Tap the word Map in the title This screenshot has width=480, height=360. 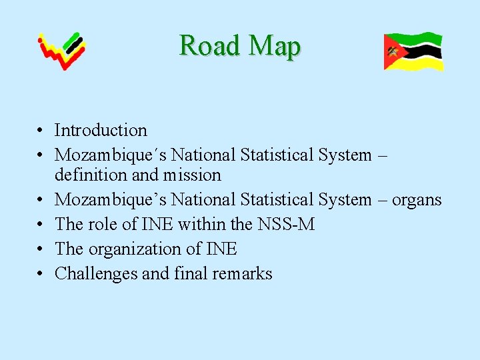tap(274, 46)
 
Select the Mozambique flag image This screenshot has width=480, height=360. tap(413, 51)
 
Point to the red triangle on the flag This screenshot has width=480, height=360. tap(392, 52)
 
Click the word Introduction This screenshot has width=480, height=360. tap(101, 131)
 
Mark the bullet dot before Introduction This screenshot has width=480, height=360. tap(41, 131)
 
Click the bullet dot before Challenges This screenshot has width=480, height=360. tap(41, 275)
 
